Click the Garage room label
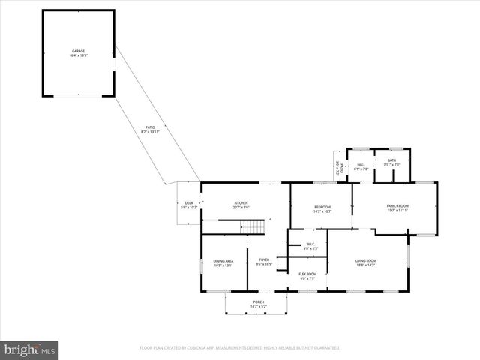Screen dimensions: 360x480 (x=78, y=51)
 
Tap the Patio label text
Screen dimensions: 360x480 (x=151, y=127)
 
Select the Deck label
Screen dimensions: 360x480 (x=189, y=203)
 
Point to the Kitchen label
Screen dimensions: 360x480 (x=241, y=203)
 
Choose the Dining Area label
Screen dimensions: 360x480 (x=223, y=260)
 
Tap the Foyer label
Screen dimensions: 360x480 (x=264, y=260)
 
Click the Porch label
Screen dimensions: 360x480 (x=258, y=302)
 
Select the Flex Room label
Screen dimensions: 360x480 (x=307, y=274)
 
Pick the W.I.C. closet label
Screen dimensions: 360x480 (x=310, y=244)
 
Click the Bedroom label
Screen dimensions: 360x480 (x=322, y=208)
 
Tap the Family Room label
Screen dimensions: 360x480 (x=397, y=205)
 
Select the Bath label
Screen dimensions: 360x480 (x=391, y=160)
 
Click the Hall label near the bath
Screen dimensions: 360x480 (x=361, y=165)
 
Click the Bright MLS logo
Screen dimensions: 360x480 (x=30, y=349)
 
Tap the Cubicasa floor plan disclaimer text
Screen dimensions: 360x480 (x=240, y=348)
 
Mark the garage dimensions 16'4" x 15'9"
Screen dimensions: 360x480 (x=78, y=55)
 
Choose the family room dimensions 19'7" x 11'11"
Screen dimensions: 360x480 (x=397, y=210)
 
